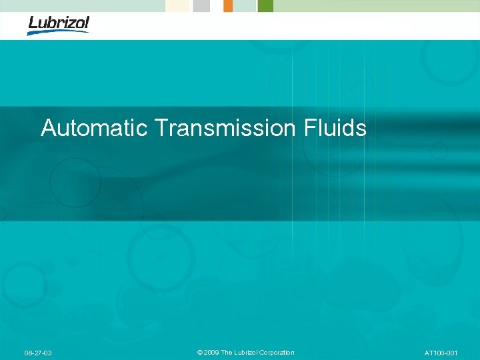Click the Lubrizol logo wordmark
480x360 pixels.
tap(59, 23)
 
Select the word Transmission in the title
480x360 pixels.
tap(223, 127)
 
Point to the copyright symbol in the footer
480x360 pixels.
tap(201, 353)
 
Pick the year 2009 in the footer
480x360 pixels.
tap(212, 353)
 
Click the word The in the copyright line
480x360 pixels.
tap(227, 353)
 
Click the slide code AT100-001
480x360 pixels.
tap(440, 353)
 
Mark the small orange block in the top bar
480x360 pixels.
tap(228, 5)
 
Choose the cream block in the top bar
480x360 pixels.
tap(178, 5)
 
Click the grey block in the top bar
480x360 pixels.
tap(201, 5)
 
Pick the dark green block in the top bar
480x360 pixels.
tap(265, 5)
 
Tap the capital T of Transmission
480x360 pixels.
tap(160, 127)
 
